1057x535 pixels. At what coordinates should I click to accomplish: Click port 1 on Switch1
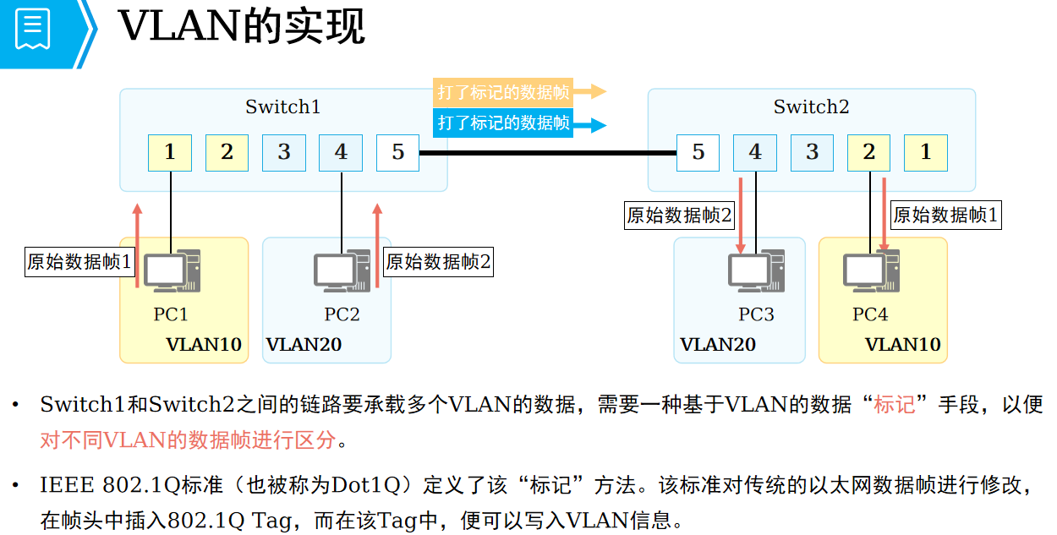tap(170, 153)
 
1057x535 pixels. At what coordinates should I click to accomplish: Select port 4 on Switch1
tap(341, 153)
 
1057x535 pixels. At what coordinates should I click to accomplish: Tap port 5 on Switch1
tap(398, 153)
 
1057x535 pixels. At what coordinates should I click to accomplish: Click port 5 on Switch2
tap(698, 153)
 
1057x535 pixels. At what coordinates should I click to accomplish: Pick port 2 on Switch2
tap(869, 153)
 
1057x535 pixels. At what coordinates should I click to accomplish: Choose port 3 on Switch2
tap(813, 153)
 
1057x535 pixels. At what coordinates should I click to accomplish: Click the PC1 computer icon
tap(172, 271)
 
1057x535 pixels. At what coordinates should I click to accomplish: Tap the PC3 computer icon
tap(755, 271)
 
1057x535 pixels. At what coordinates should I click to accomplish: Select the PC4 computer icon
tap(871, 271)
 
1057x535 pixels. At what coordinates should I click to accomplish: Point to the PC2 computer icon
tap(342, 271)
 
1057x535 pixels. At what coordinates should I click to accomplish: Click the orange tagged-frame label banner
tap(504, 92)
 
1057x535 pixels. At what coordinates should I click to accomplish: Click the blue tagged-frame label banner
tap(504, 123)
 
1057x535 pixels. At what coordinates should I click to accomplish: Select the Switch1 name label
tap(283, 107)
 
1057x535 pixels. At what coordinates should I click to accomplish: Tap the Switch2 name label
tap(811, 107)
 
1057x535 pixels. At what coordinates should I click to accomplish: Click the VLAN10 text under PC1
tap(204, 345)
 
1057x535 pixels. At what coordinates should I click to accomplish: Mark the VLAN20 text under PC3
tap(718, 345)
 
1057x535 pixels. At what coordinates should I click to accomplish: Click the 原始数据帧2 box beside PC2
tap(438, 262)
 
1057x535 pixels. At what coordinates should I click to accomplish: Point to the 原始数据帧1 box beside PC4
tap(945, 216)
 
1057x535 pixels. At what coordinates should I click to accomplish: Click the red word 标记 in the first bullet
tap(895, 405)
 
